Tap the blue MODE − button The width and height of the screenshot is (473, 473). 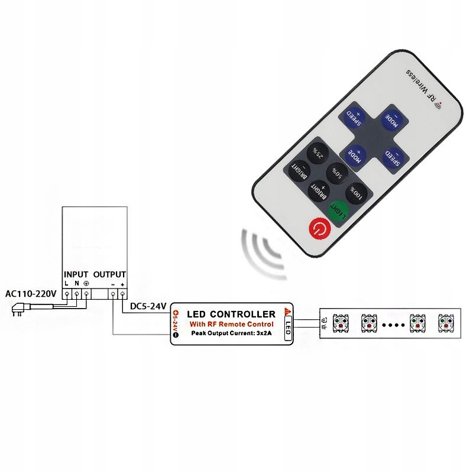pyautogui.click(x=392, y=118)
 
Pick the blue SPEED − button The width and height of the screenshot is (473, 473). pyautogui.click(x=393, y=157)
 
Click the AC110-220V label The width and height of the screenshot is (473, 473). pyautogui.click(x=30, y=294)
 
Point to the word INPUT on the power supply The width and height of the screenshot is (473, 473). pyautogui.click(x=76, y=275)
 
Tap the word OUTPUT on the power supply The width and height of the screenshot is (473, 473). pyautogui.click(x=110, y=275)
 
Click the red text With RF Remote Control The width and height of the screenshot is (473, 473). pyautogui.click(x=231, y=324)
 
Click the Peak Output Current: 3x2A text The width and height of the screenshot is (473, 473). pyautogui.click(x=232, y=333)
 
